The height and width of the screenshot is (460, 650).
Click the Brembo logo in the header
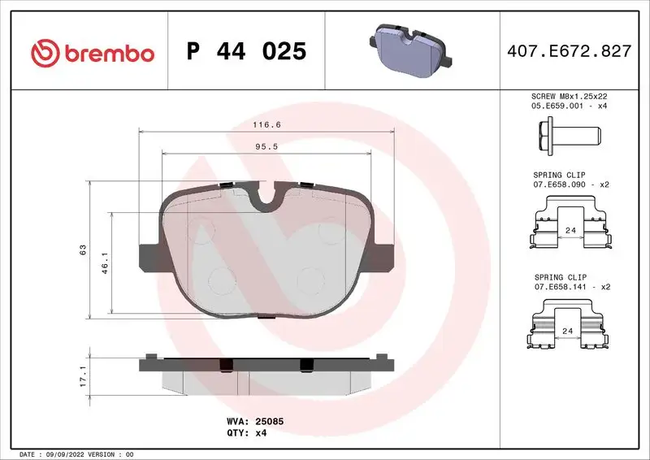coord(92,53)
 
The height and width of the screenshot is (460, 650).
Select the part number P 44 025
coord(246,52)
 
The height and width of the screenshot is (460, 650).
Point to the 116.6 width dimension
coord(266,125)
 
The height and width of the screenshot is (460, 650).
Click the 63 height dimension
coord(83,250)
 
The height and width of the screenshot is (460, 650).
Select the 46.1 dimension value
coord(105,263)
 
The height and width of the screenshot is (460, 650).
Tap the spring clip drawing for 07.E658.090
coord(570,227)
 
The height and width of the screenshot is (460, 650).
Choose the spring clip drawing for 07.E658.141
coord(570,327)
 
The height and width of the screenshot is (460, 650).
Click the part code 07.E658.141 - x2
coord(570,287)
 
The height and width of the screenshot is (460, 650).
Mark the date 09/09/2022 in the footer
coord(63,453)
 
